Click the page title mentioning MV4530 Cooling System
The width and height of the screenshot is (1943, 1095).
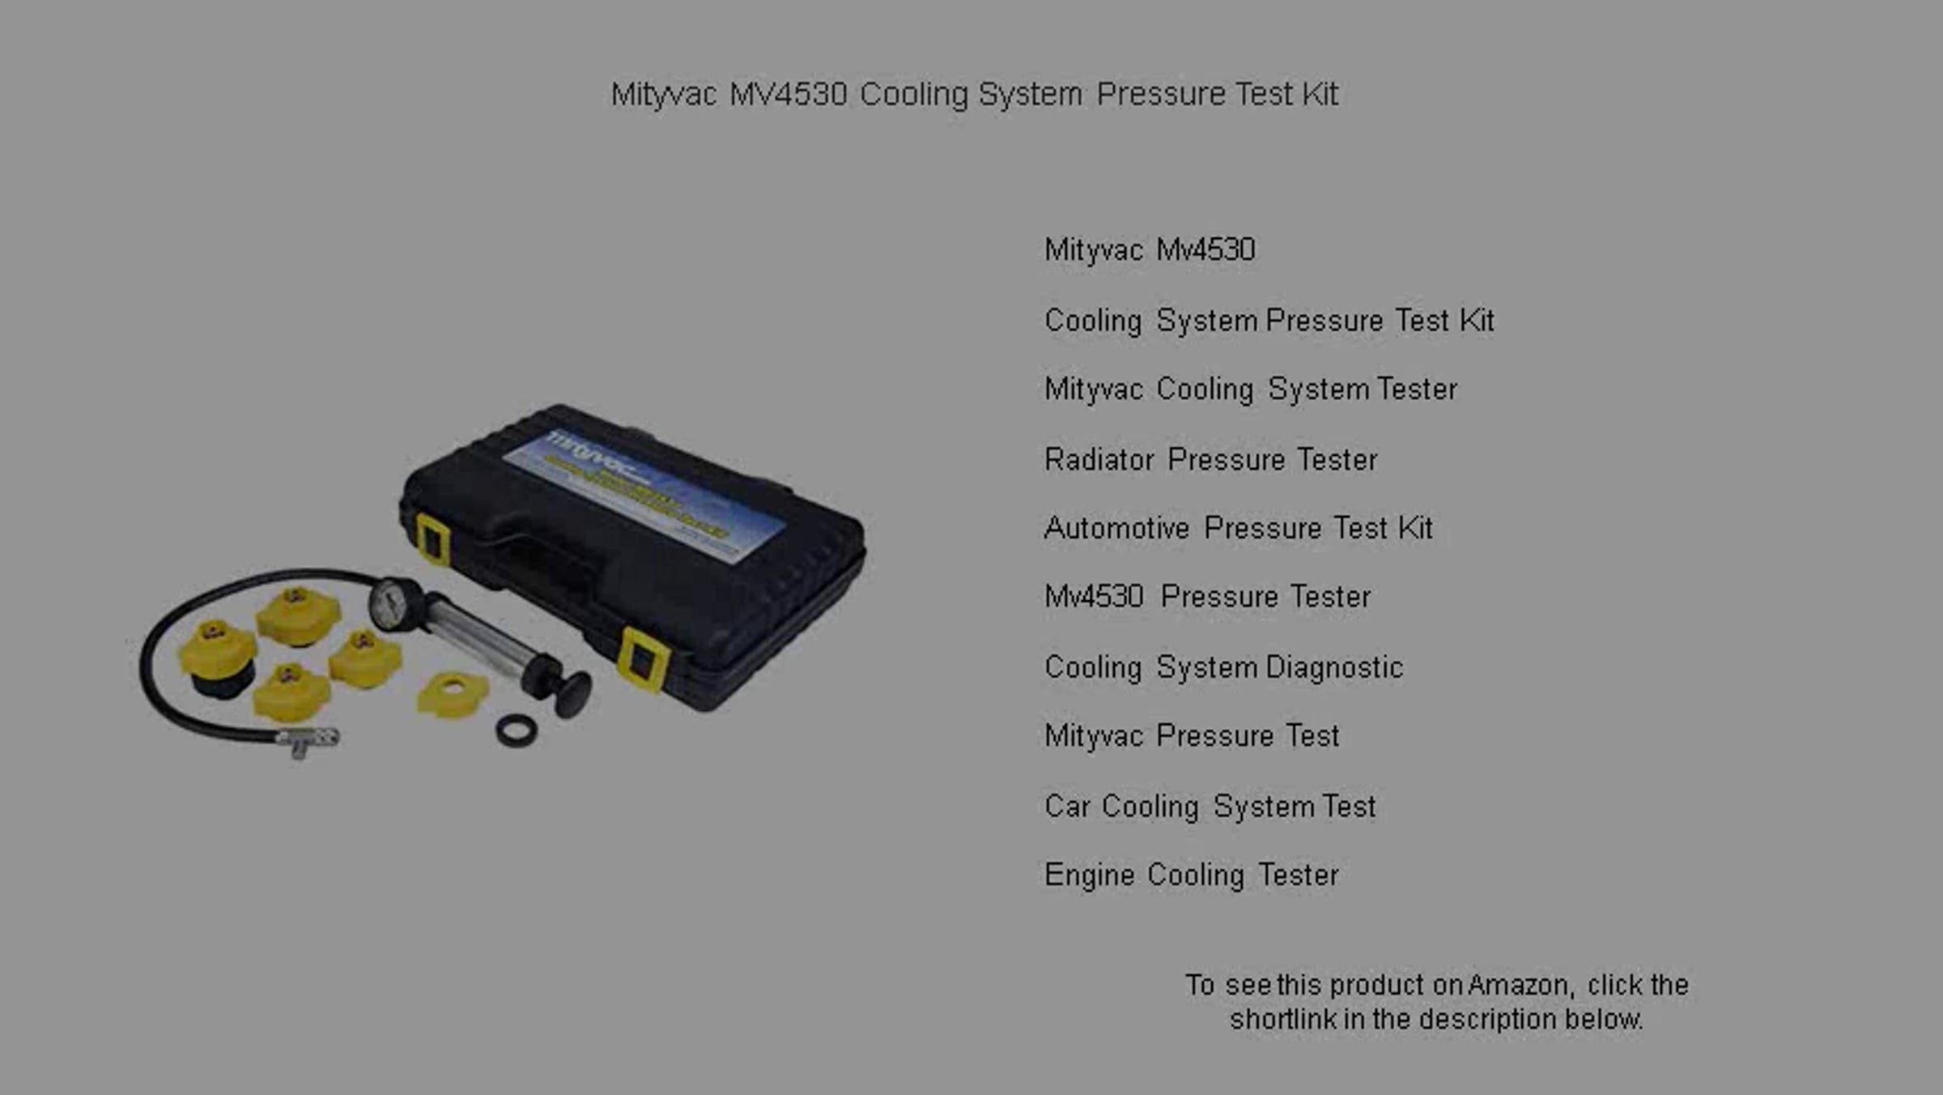975,95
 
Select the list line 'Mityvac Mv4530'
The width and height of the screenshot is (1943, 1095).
1150,249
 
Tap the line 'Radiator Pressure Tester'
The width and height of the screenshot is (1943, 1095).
1210,459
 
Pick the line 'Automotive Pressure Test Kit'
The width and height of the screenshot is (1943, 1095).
1239,528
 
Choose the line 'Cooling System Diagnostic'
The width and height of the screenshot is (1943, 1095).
1223,667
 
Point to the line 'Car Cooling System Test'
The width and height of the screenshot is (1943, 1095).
1210,807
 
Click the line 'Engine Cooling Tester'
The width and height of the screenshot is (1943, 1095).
1191,876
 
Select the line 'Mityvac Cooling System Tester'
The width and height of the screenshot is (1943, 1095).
1251,390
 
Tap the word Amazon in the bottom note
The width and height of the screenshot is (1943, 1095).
1520,985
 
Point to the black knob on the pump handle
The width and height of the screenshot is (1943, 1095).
573,694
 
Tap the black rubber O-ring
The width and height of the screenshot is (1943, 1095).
517,731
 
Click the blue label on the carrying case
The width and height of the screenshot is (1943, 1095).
644,496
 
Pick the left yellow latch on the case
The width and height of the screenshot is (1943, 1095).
433,539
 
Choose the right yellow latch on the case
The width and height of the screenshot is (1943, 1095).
644,659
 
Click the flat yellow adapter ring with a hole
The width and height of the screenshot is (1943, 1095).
453,693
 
